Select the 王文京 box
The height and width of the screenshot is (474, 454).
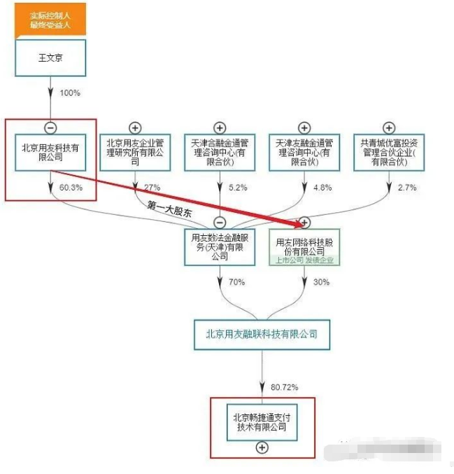pos(50,58)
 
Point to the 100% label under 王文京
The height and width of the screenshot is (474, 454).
pos(70,93)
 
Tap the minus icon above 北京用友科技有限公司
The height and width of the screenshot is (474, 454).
pos(50,127)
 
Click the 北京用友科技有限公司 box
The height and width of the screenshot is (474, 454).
pos(50,152)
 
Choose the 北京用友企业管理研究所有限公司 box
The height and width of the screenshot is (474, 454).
pos(135,152)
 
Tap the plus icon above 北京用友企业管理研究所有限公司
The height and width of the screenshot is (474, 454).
pos(135,127)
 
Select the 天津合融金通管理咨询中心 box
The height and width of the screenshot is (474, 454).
pos(220,152)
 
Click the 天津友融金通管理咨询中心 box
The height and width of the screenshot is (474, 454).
pos(304,152)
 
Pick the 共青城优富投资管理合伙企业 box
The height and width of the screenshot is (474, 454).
pos(389,152)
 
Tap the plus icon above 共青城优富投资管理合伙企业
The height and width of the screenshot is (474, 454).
pos(389,127)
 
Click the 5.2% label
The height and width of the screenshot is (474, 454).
pos(238,188)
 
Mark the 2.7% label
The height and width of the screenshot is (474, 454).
pos(407,188)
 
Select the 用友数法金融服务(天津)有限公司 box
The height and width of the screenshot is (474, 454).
pos(220,247)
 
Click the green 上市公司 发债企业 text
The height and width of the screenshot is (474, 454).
pos(304,260)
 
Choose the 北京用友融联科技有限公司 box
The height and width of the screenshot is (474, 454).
pos(262,334)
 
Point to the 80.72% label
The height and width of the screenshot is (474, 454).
pos(284,386)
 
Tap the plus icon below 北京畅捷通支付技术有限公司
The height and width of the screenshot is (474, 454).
pos(262,447)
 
